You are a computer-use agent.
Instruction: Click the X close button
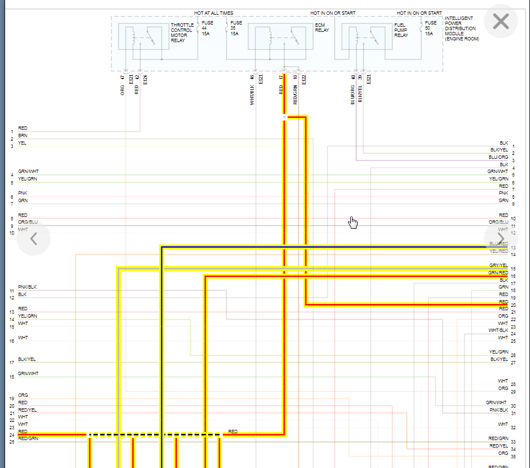tap(500, 22)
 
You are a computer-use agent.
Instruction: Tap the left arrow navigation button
tap(34, 239)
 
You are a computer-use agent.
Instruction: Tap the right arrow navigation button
tap(500, 237)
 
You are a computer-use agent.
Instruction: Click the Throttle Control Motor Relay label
tap(182, 33)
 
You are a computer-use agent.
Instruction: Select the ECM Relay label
tap(323, 28)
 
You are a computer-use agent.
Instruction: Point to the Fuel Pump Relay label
tap(401, 31)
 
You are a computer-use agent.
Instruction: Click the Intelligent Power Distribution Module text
tap(462, 29)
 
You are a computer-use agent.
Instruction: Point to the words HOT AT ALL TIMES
tap(213, 13)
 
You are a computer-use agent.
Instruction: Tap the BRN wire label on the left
tap(22, 136)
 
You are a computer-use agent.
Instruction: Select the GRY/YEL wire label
tap(498, 265)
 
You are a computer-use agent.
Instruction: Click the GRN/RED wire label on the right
tap(498, 273)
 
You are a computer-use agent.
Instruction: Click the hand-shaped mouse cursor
tap(353, 222)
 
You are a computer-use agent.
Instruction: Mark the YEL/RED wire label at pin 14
tap(498, 251)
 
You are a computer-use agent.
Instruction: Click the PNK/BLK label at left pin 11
tap(27, 287)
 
